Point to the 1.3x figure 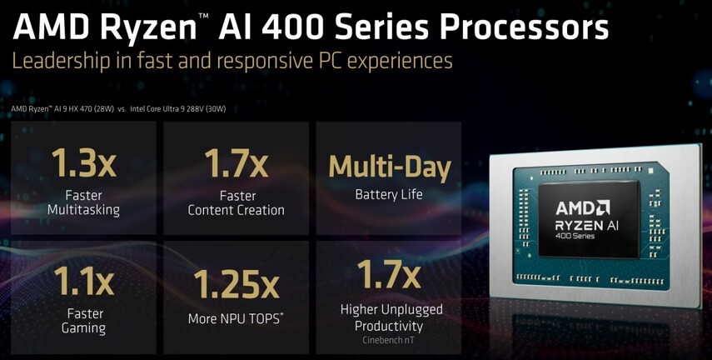click(83, 162)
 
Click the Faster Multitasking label click(83, 202)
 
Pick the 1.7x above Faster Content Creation click(237, 162)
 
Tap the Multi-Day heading click(390, 167)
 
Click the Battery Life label click(389, 194)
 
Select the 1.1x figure click(83, 281)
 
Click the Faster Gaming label click(83, 321)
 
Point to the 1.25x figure click(237, 284)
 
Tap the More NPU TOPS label click(236, 318)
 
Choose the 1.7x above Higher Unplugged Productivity click(389, 273)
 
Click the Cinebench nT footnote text click(389, 340)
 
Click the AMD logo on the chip click(583, 208)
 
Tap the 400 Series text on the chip click(575, 237)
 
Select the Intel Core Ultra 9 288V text click(178, 109)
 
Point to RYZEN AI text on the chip click(587, 224)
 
